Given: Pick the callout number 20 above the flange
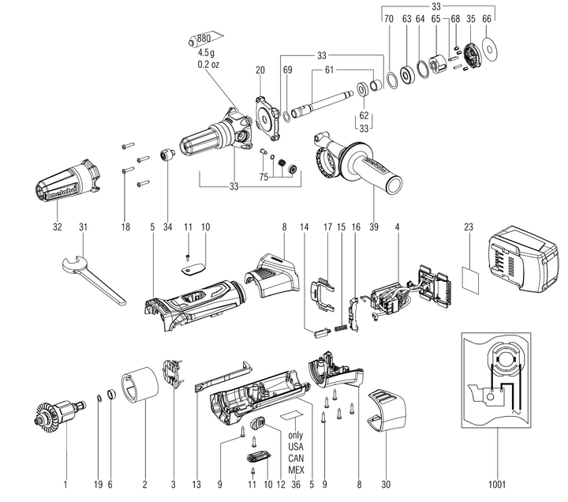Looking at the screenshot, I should (260, 70).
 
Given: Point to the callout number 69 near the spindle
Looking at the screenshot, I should (287, 70).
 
